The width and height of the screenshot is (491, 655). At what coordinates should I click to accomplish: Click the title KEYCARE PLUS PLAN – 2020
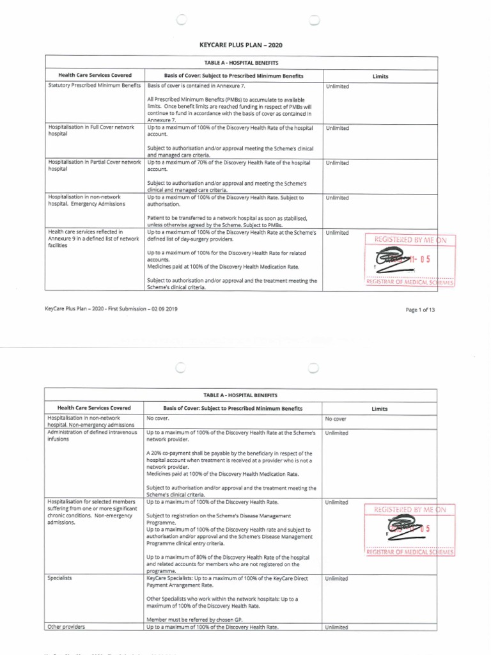(241, 45)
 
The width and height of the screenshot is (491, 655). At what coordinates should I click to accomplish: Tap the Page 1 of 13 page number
(420, 310)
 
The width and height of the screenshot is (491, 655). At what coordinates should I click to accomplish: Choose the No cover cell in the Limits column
(336, 420)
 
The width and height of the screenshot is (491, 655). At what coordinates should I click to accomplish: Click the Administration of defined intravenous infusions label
(93, 436)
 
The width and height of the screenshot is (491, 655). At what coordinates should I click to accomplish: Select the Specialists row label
(59, 578)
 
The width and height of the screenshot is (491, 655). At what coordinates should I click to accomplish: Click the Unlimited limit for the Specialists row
(337, 578)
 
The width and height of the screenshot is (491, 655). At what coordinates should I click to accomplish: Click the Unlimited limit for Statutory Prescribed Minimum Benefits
(337, 85)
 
